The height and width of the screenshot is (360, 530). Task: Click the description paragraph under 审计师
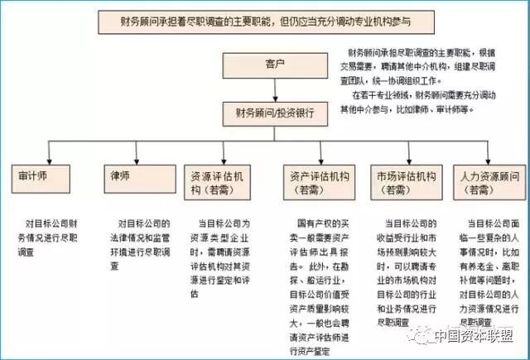tap(51, 235)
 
